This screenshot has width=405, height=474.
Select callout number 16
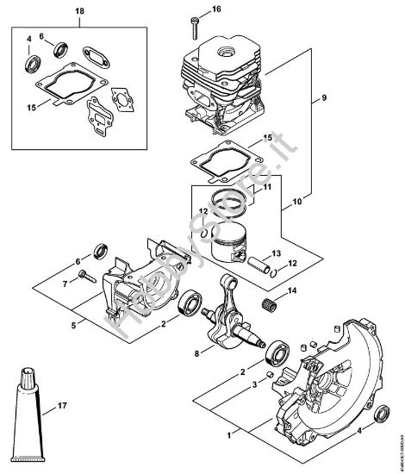pos(216,9)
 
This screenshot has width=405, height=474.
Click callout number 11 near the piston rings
pos(266,187)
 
